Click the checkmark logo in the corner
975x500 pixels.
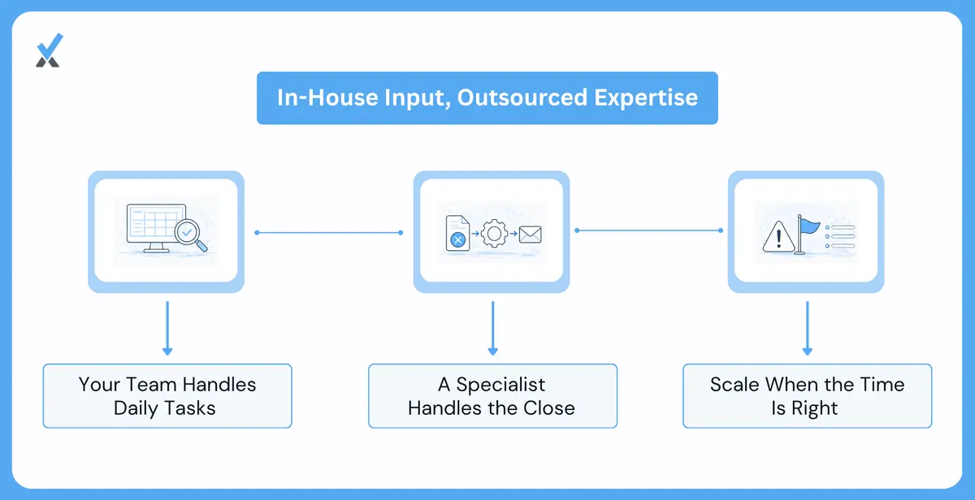click(50, 50)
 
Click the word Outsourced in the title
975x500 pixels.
click(522, 97)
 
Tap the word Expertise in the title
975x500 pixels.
click(647, 98)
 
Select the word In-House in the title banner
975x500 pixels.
click(327, 97)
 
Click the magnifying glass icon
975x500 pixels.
click(191, 235)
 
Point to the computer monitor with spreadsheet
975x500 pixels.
click(156, 228)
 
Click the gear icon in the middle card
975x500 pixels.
click(494, 234)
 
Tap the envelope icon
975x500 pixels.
click(530, 235)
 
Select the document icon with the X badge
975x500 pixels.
click(457, 234)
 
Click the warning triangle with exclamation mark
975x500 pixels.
click(778, 237)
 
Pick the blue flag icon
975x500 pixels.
click(808, 234)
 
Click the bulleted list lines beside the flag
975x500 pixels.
click(840, 237)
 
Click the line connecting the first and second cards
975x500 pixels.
click(328, 233)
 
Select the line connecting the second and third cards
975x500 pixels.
click(648, 231)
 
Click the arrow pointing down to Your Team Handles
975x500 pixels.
click(167, 328)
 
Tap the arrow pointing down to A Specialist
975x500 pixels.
click(492, 328)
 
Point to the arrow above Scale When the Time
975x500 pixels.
click(808, 328)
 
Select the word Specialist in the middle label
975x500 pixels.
click(500, 385)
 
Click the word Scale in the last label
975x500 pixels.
click(734, 385)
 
